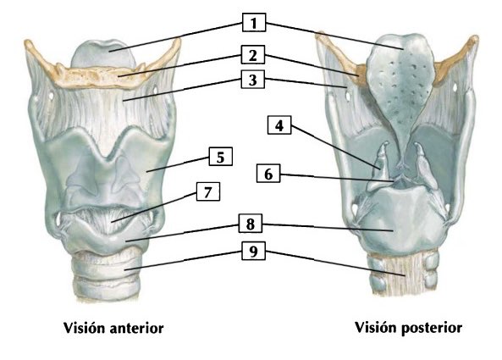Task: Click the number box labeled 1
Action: click(x=254, y=22)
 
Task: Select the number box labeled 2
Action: click(x=253, y=55)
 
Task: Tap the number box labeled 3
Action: click(x=253, y=79)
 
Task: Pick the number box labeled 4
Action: click(x=279, y=125)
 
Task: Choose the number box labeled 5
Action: click(x=221, y=157)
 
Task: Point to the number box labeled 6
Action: click(x=268, y=174)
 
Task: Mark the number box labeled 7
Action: click(x=208, y=191)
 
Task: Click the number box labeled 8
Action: click(x=251, y=224)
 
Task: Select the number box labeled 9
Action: click(x=253, y=251)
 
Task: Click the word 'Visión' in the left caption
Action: click(x=85, y=328)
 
